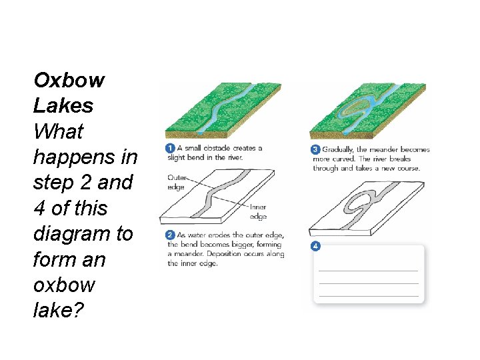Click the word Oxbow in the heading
[69, 81]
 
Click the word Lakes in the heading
[63, 106]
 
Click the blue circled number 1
[171, 148]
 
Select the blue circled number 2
[171, 235]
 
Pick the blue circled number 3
[317, 149]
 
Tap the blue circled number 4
[316, 246]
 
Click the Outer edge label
[177, 183]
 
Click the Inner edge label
[258, 212]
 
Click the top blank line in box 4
[368, 271]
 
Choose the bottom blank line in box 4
[368, 295]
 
